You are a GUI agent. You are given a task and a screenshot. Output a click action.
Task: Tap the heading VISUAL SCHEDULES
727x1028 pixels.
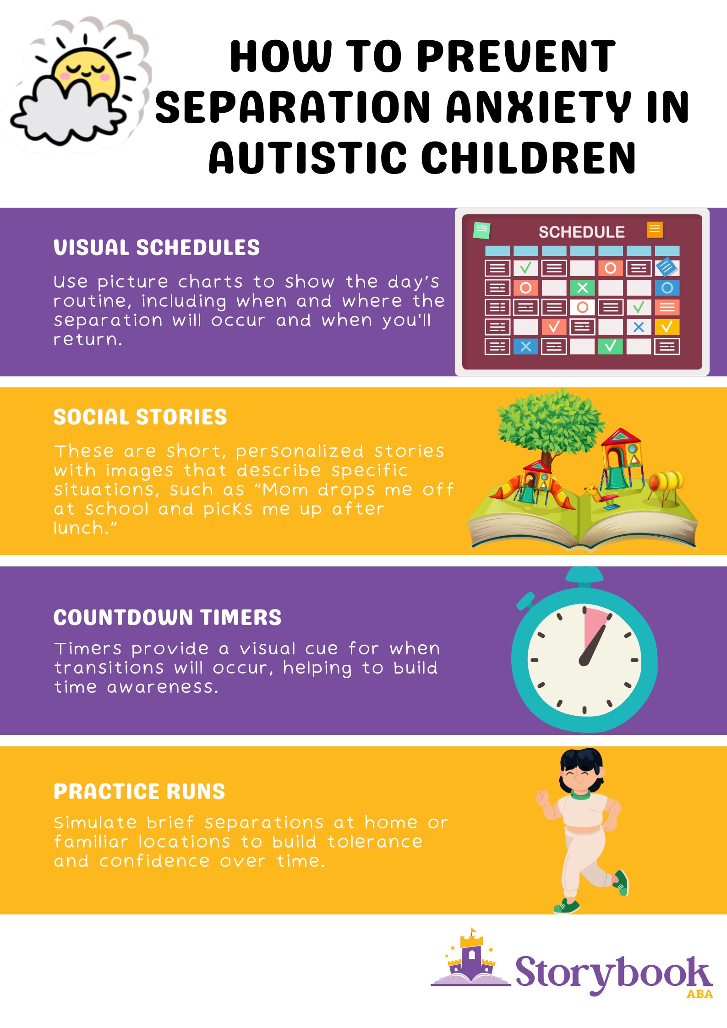point(157,247)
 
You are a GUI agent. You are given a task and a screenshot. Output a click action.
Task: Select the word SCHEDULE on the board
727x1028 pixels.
point(581,232)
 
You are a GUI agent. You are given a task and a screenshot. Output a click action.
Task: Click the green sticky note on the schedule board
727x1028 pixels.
point(481,230)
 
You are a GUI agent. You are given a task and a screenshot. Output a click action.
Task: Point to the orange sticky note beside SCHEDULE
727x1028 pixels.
point(655,229)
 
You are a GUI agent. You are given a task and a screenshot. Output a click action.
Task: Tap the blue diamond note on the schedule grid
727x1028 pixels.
point(666,267)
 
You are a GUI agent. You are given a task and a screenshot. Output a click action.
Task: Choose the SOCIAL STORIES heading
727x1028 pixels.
point(140,417)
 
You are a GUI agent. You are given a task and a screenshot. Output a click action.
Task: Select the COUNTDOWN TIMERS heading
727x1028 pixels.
point(168,617)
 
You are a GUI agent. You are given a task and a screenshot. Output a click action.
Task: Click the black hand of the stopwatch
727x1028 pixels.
point(593,645)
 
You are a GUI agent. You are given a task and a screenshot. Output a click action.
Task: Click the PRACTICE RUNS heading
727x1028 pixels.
point(139,791)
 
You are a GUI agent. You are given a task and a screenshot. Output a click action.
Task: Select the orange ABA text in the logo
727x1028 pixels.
point(700,994)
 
